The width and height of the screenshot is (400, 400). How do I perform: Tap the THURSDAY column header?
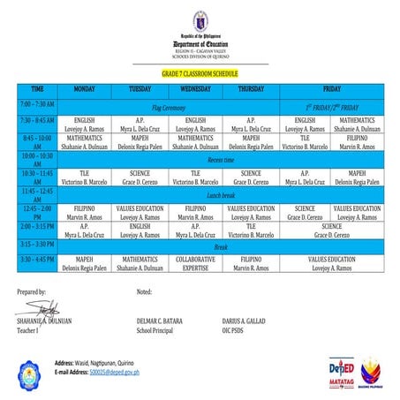tap(250, 89)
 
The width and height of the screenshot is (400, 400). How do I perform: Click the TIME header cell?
tap(37, 89)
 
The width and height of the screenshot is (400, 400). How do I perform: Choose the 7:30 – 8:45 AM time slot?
tap(37, 119)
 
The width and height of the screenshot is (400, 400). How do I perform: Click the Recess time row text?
tap(220, 160)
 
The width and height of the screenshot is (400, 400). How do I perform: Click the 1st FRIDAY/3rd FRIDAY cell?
tap(332, 106)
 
